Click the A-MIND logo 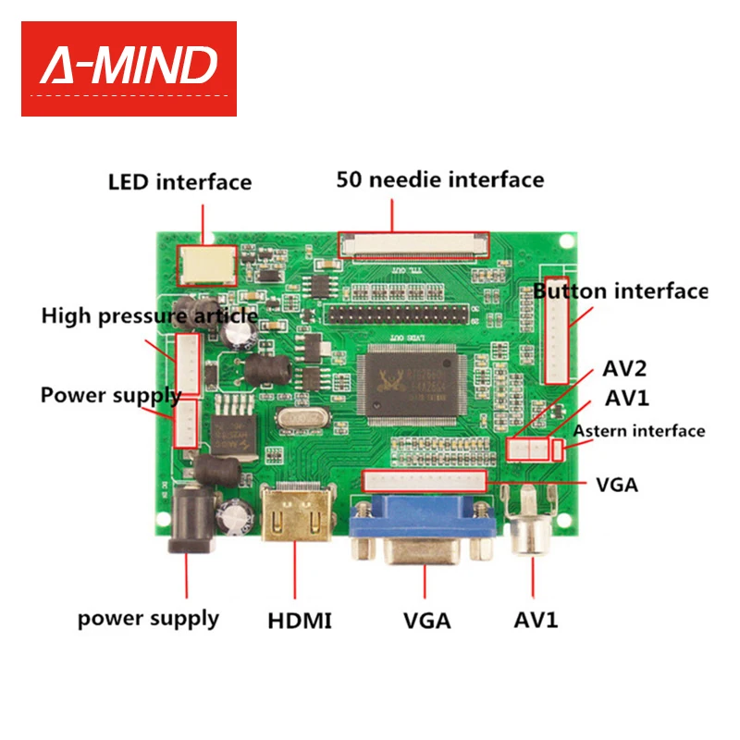tap(129, 68)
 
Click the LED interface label tap(179, 181)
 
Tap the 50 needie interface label tap(439, 179)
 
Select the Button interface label tap(620, 291)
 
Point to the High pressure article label tap(149, 316)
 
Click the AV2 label tap(624, 369)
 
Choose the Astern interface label tap(639, 431)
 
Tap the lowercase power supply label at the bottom tap(148, 618)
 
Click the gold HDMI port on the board tap(296, 520)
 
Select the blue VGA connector tap(422, 532)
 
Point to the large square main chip tap(407, 384)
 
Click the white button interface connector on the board tap(557, 330)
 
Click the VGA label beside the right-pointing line tap(616, 485)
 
